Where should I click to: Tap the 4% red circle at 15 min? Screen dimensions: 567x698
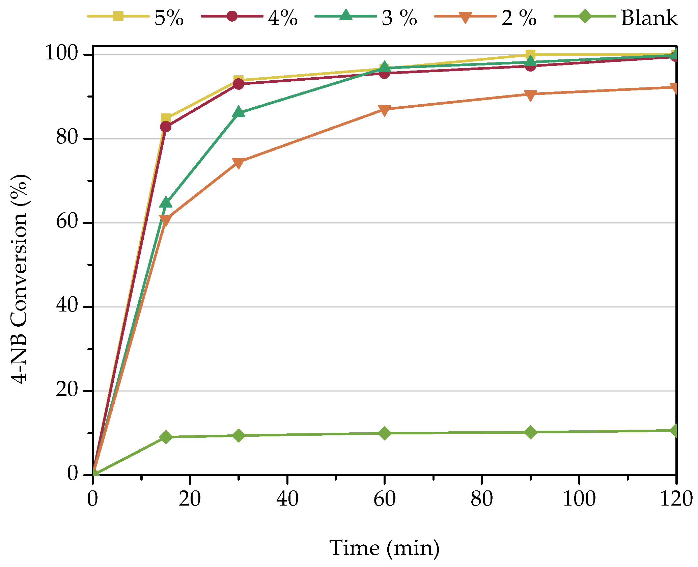tap(166, 127)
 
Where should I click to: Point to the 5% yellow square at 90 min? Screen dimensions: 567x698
tap(530, 54)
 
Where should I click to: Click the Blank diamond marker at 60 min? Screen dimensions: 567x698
tap(385, 433)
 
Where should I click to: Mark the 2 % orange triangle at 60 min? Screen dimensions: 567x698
tap(385, 110)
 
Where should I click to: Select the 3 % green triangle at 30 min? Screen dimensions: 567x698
tap(239, 112)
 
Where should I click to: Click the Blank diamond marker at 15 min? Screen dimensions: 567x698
tap(166, 437)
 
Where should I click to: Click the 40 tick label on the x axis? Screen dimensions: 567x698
tap(287, 499)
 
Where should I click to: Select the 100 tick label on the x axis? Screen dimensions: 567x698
tap(579, 499)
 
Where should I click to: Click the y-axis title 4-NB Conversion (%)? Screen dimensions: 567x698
tap(20, 279)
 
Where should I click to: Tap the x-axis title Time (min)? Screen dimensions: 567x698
tap(385, 547)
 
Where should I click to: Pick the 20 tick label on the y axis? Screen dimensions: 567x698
tap(67, 390)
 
